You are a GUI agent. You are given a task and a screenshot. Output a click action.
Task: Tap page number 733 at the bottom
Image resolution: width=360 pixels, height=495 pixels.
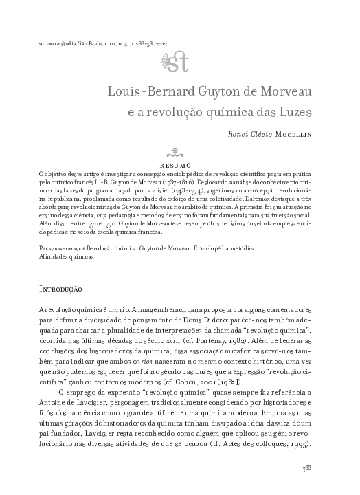[308, 469]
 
